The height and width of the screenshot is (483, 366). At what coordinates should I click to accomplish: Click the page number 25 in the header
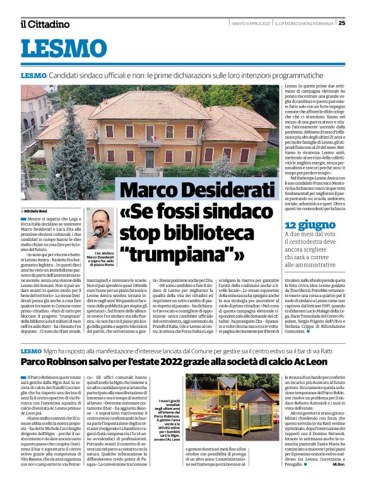(358, 23)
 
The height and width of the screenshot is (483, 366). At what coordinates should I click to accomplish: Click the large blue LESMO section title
(64, 49)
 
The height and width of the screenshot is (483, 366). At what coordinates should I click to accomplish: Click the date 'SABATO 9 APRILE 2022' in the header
(251, 23)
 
